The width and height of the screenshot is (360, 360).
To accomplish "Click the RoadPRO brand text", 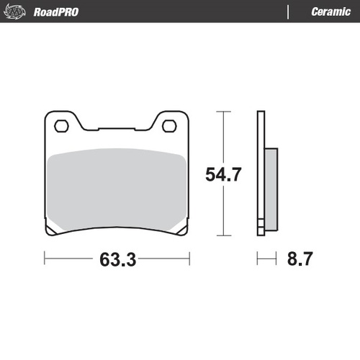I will click(x=56, y=12).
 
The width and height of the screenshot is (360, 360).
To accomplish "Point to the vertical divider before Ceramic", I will click(x=288, y=12).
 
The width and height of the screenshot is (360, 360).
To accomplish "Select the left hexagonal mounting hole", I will click(x=61, y=126).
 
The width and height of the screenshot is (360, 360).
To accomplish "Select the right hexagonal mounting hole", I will click(x=170, y=126).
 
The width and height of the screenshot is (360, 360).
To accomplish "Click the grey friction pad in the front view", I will click(x=115, y=189).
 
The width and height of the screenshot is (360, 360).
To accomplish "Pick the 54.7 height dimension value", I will click(x=224, y=174).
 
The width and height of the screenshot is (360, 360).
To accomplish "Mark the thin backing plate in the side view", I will click(x=261, y=173).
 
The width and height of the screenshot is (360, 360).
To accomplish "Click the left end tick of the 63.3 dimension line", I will click(x=45, y=258).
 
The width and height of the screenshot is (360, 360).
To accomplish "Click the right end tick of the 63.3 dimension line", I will click(x=189, y=258).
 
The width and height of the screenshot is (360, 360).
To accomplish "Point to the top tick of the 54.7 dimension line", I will click(x=224, y=112).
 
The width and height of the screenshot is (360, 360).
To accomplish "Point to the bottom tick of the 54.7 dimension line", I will click(x=224, y=235).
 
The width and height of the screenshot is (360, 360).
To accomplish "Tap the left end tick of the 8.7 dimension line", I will click(x=258, y=258).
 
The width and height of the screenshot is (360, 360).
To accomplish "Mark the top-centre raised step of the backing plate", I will click(x=115, y=130).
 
